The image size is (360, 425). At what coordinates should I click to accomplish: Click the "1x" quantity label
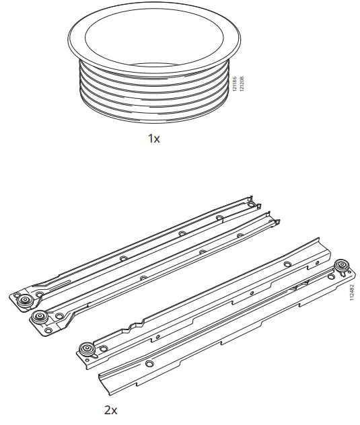click(x=153, y=139)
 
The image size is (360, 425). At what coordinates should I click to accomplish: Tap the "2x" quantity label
click(x=110, y=410)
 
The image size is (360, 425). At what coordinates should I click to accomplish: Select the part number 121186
click(x=235, y=84)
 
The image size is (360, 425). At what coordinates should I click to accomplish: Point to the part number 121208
click(x=242, y=84)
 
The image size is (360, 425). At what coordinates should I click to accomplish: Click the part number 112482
click(x=352, y=293)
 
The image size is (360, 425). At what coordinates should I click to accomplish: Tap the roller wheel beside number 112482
click(x=342, y=266)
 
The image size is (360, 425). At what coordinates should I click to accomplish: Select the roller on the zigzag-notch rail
click(x=87, y=349)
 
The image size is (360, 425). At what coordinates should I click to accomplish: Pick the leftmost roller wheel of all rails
click(x=26, y=301)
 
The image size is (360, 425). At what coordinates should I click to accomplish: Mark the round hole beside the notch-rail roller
click(x=104, y=348)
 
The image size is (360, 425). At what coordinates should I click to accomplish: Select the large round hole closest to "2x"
click(x=149, y=364)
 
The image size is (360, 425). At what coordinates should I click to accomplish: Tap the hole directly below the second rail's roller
click(x=48, y=330)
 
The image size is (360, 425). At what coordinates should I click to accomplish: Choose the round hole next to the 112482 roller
click(x=331, y=277)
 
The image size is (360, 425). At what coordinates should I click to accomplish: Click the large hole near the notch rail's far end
click(x=287, y=264)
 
